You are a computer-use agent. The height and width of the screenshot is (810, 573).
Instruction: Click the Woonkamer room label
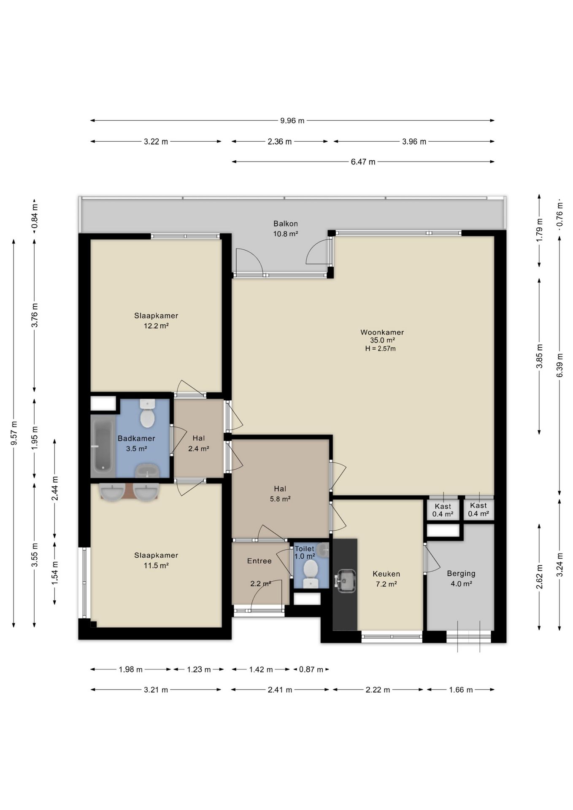tap(382, 332)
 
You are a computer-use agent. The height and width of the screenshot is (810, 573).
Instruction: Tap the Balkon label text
tap(286, 224)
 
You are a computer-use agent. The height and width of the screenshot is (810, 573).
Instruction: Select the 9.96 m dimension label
tap(292, 121)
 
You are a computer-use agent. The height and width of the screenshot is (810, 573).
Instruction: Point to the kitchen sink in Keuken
tap(346, 581)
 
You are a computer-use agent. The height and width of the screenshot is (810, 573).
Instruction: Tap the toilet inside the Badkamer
tap(147, 413)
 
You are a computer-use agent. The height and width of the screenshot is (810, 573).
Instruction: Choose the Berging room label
tap(461, 573)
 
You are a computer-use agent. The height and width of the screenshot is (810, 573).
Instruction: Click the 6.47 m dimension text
tap(363, 162)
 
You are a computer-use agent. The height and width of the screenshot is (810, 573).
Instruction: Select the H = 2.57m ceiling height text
tap(381, 348)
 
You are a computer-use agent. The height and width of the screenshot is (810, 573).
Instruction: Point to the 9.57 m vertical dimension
tap(14, 433)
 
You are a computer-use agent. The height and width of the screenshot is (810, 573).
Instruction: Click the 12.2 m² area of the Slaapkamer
tap(156, 326)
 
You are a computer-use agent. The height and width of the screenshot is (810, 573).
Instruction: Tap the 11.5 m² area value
tap(156, 566)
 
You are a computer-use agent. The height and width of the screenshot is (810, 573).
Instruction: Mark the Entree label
tap(259, 561)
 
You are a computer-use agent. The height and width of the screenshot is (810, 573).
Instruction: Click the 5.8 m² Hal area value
tap(280, 499)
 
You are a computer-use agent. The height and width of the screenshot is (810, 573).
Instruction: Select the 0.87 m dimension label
tap(311, 670)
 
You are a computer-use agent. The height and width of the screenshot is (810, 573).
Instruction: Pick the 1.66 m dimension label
tap(461, 690)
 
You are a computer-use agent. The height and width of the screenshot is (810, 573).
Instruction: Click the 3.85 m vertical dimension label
tap(539, 356)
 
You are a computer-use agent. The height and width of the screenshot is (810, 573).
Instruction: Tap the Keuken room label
tap(387, 574)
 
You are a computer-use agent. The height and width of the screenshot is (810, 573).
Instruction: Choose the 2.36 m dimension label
tap(280, 142)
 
